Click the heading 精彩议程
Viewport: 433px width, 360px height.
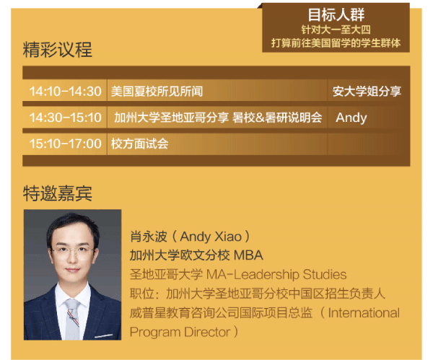tap(58, 50)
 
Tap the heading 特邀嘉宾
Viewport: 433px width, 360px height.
tap(58, 193)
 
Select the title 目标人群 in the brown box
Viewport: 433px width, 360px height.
tap(336, 15)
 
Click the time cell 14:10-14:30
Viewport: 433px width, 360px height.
tap(65, 92)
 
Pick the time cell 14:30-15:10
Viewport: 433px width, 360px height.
tap(65, 118)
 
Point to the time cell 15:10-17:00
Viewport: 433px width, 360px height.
tap(65, 144)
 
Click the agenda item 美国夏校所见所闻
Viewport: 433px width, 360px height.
tap(157, 92)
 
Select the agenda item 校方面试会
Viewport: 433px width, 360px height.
tap(140, 144)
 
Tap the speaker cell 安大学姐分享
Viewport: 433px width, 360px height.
tap(367, 92)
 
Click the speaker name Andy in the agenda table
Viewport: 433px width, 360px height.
tap(351, 118)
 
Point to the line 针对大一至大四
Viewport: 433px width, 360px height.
tap(336, 30)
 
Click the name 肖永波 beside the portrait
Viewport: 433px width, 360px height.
tap(149, 237)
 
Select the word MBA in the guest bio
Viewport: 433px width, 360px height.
tap(248, 255)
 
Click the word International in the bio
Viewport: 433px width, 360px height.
tap(364, 313)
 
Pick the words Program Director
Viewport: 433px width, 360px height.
tap(180, 333)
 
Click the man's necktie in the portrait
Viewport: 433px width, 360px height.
tap(72, 319)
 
